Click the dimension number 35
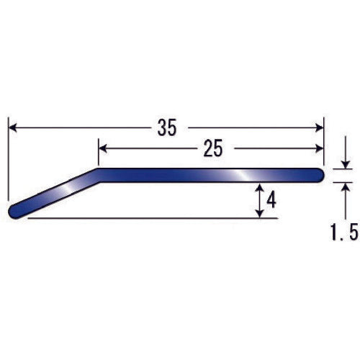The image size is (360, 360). pos(166,128)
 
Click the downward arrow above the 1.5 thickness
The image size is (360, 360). pos(345,164)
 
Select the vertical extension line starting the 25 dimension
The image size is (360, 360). pos(98,155)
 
